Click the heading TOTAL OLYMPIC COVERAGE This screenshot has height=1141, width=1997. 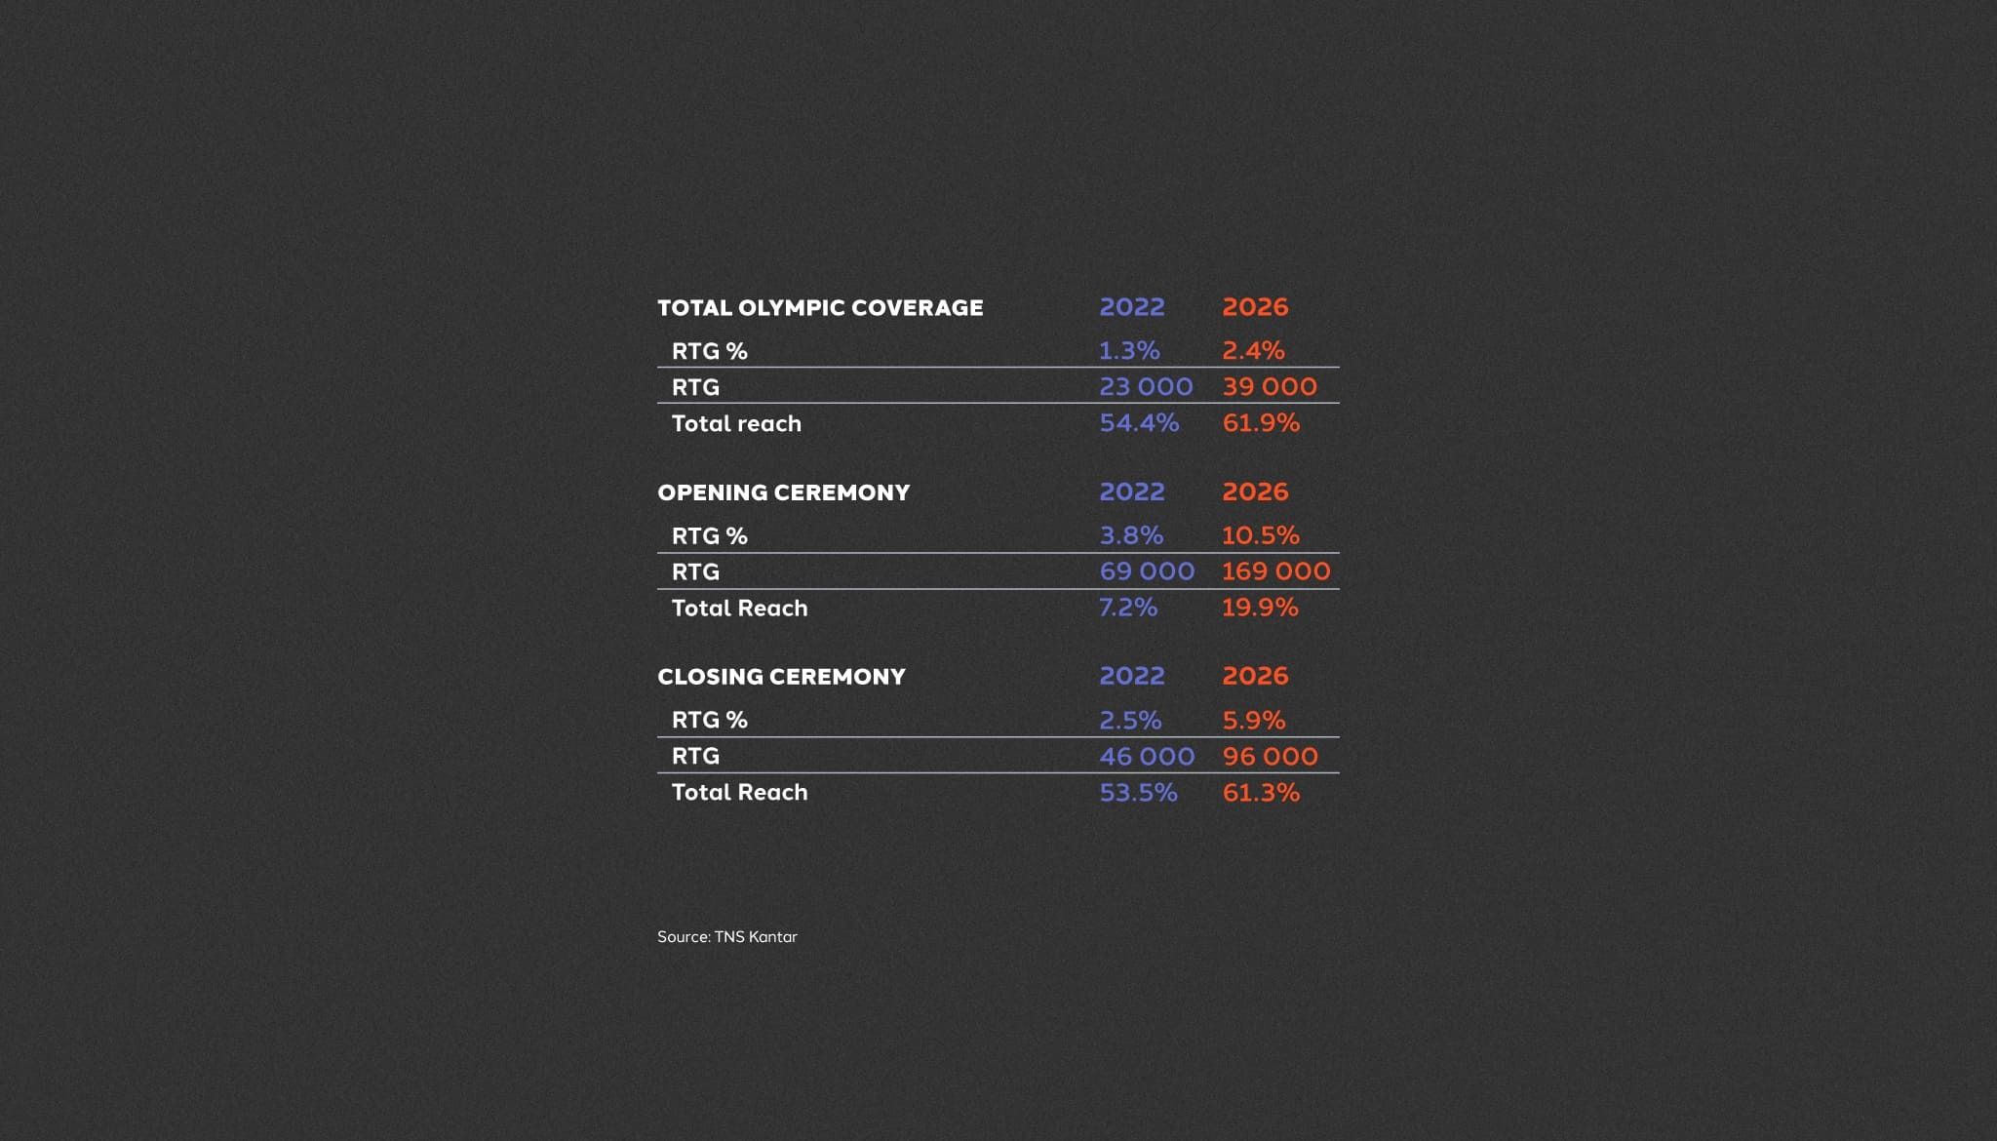coord(820,308)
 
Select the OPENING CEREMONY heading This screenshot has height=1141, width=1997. coord(783,492)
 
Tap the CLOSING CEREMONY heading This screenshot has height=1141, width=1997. coord(781,677)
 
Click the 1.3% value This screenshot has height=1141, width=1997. coord(1129,350)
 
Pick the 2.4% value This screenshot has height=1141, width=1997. coord(1253,350)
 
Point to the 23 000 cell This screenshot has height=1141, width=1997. coord(1146,386)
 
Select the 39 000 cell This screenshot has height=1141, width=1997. coord(1270,386)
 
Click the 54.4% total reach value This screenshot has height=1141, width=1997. coord(1139,423)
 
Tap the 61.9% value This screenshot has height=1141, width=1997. coord(1261,423)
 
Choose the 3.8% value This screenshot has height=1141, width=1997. coord(1131,535)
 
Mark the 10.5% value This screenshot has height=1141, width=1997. coord(1261,535)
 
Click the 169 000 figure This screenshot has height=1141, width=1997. coord(1275,571)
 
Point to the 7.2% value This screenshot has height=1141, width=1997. coord(1128,608)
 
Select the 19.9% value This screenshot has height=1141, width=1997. coord(1260,608)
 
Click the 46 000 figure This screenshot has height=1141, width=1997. coord(1147,757)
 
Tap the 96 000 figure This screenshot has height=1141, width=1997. coord(1270,757)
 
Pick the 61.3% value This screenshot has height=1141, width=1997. coord(1261,793)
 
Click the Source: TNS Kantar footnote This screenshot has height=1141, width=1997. coord(727,937)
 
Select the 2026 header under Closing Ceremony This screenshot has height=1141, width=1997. coord(1255,676)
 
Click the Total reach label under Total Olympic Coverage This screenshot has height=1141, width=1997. coord(736,424)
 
